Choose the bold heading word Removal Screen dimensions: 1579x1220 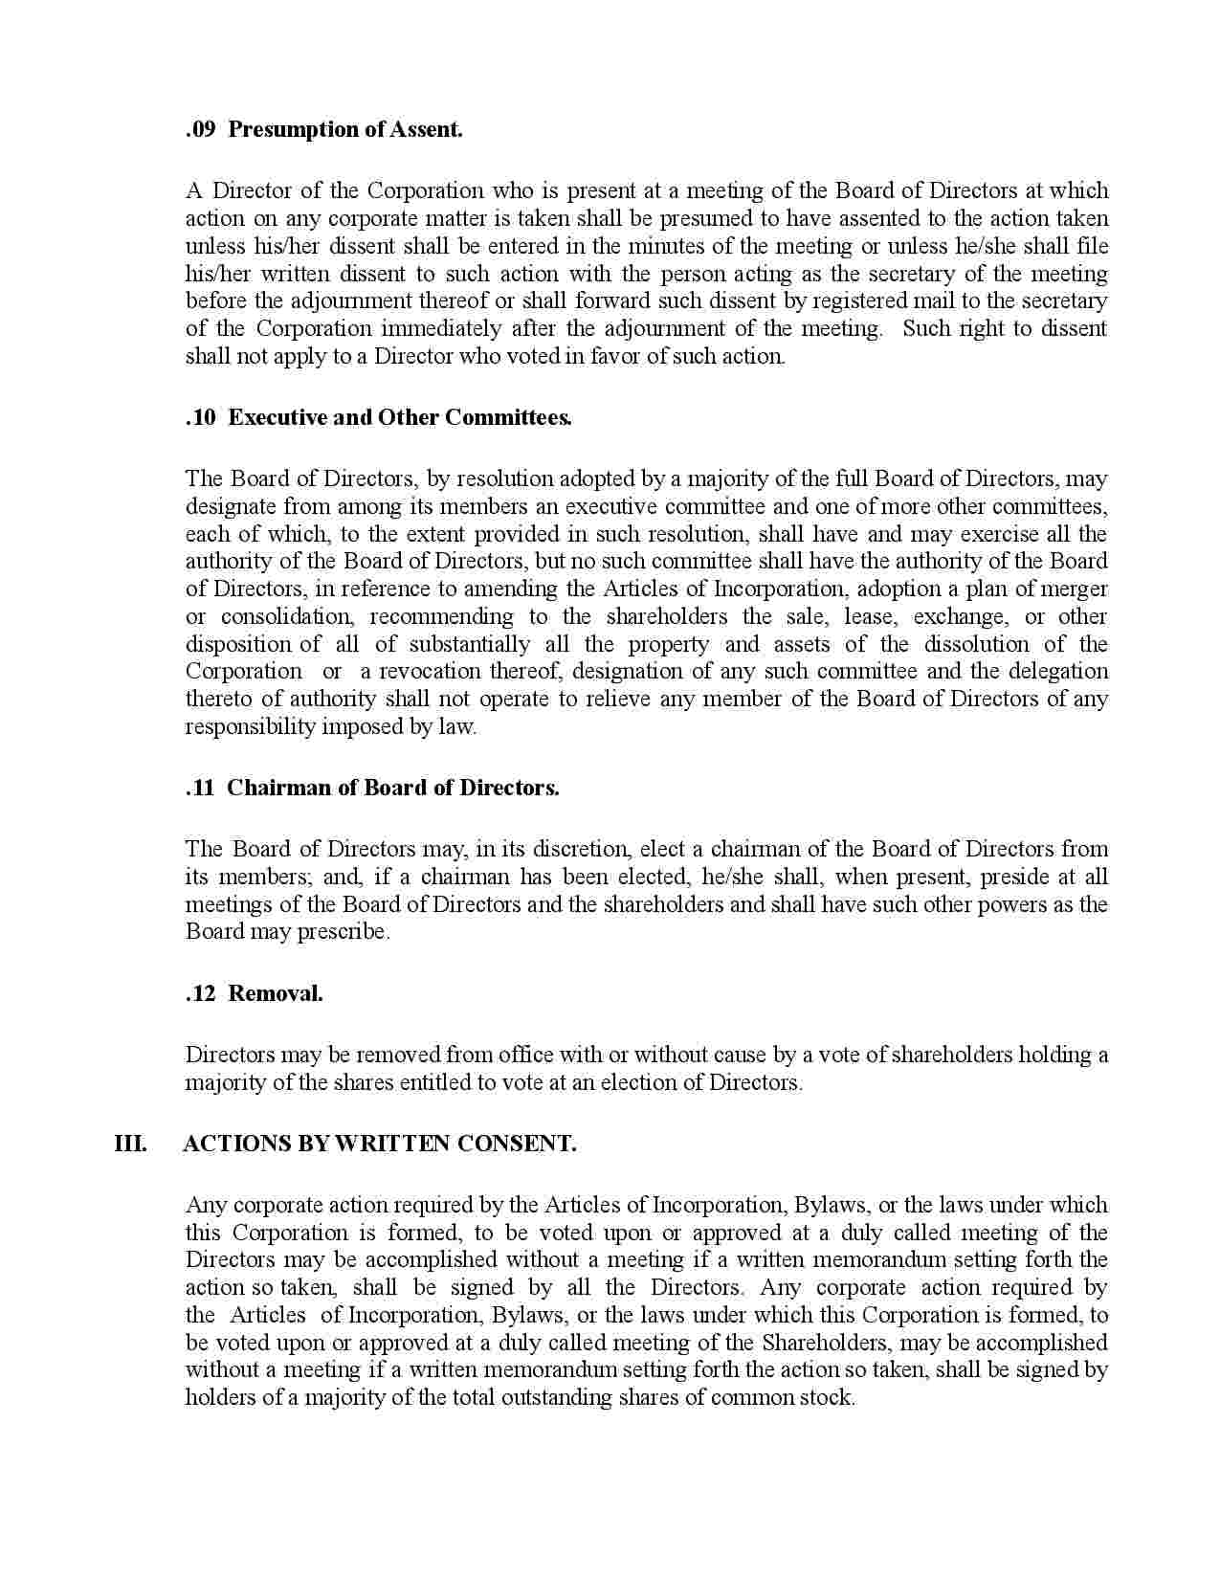tap(276, 993)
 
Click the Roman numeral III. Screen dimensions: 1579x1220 tap(131, 1144)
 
